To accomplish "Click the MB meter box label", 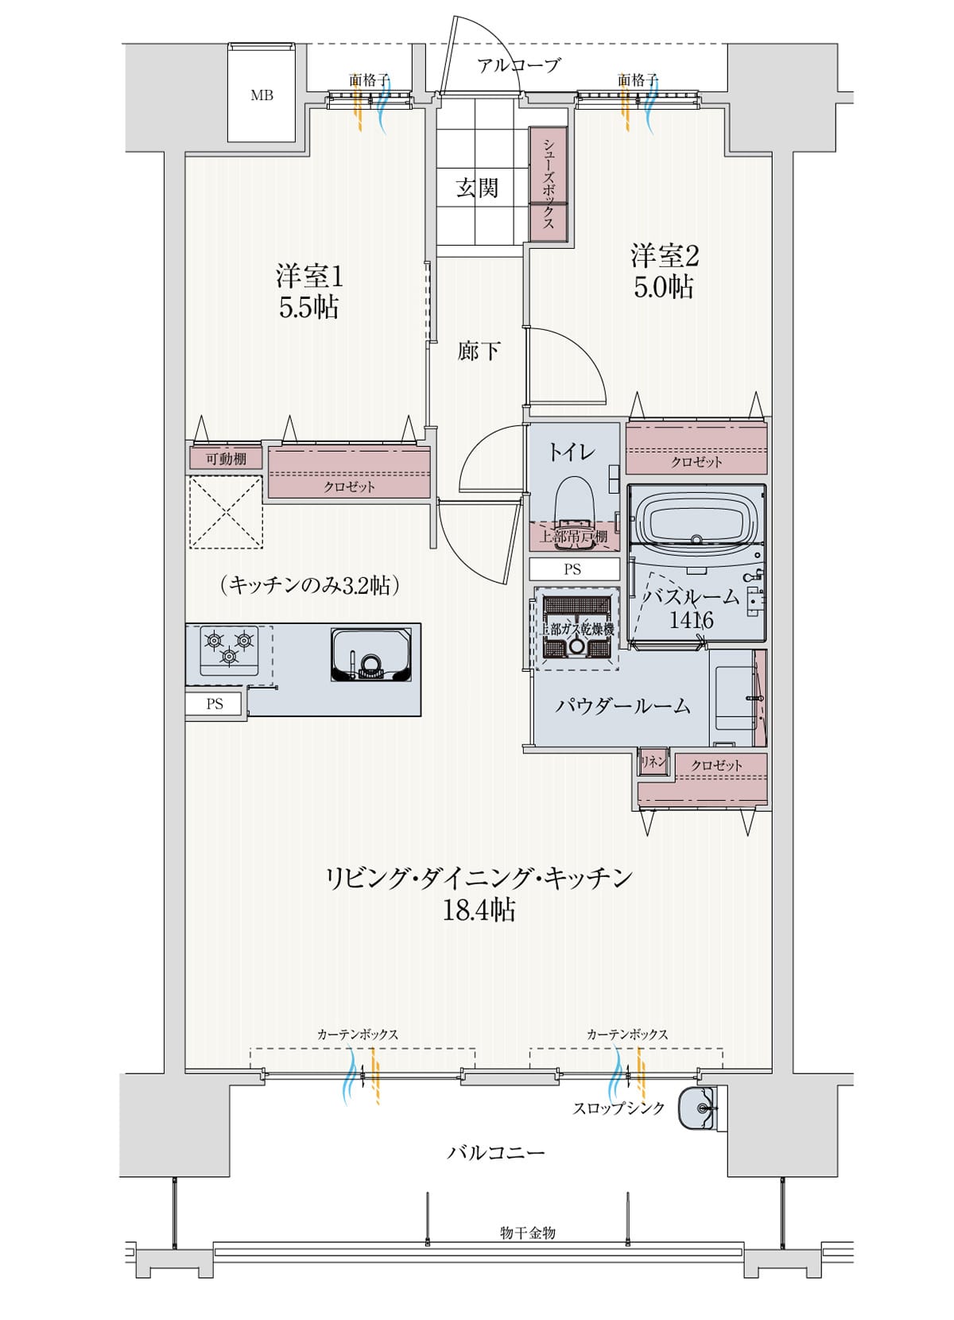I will (262, 95).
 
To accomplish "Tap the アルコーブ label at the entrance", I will (518, 65).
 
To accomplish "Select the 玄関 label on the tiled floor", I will (477, 188).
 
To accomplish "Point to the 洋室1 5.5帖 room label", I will (309, 291).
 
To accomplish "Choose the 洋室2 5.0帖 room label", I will (664, 271).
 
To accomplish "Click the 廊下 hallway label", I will (479, 351).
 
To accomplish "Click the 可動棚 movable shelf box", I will (226, 459).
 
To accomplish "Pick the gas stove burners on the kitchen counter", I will (229, 646).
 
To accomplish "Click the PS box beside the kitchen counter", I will (215, 704).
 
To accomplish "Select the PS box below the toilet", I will (573, 569).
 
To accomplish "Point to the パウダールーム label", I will (622, 705).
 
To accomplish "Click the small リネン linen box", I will (653, 762).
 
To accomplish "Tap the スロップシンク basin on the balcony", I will (697, 1108).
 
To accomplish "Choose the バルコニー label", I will (495, 1152).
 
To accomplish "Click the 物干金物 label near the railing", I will (528, 1233).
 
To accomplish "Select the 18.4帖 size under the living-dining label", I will (479, 909).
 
